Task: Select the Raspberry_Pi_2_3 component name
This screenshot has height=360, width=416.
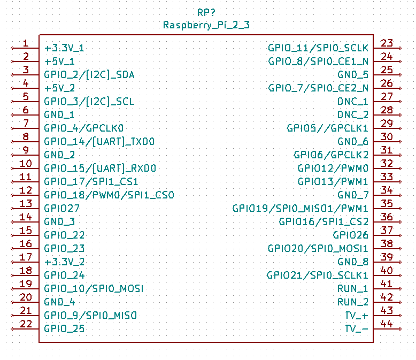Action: pos(206,25)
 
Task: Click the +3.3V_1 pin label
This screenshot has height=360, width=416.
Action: pos(64,48)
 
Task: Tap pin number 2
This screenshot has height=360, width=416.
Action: pos(26,57)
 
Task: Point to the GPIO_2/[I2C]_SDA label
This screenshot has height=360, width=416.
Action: pos(89,74)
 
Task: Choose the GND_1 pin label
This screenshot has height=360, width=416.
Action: pos(59,114)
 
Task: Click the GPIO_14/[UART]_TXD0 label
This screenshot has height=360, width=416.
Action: pos(99,141)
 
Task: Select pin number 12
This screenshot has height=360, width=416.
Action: pos(26,190)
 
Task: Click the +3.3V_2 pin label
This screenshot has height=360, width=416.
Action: pos(64,262)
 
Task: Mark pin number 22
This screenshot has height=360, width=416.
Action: pos(26,324)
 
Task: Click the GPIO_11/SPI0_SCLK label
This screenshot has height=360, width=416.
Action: pos(318,48)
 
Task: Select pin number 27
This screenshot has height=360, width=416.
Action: pos(387,97)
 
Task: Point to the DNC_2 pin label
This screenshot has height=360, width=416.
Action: pos(352,114)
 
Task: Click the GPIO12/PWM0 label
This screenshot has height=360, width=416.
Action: pos(333,168)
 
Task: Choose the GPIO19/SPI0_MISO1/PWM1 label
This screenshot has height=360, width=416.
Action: pos(300,208)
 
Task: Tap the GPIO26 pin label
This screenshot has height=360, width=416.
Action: pos(350,235)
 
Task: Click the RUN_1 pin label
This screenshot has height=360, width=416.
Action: pos(352,288)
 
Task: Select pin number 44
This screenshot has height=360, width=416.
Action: pos(387,324)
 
